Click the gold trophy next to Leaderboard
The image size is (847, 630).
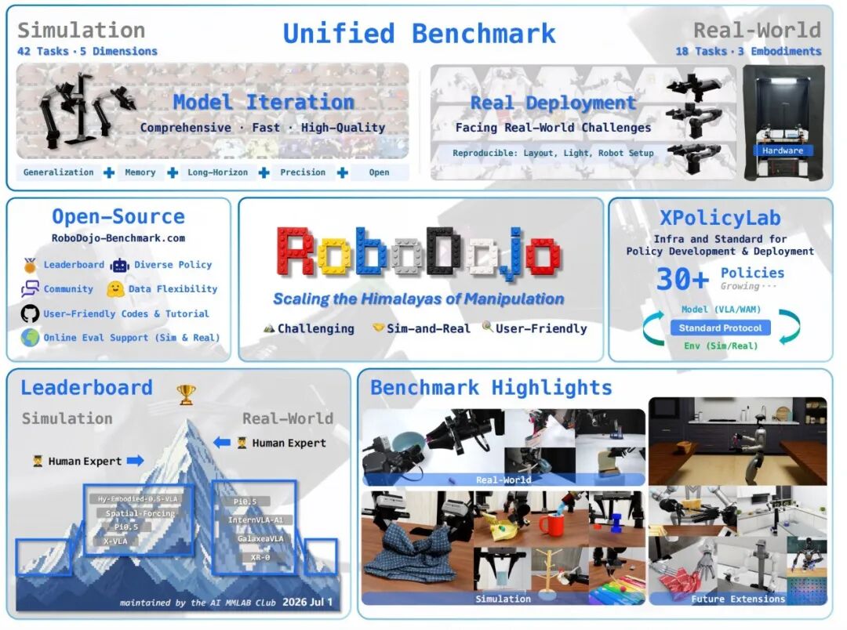(x=187, y=395)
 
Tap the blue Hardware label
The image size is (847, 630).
(x=783, y=150)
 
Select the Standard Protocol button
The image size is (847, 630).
(x=720, y=328)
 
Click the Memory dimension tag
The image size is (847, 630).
(x=140, y=172)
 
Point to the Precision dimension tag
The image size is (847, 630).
(x=303, y=172)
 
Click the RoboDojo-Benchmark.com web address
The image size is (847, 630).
(x=118, y=238)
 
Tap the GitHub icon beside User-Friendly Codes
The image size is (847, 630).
(x=31, y=313)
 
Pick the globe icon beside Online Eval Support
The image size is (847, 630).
(x=31, y=338)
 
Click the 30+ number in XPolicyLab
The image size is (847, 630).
(x=682, y=279)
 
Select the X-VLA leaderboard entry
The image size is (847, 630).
(x=115, y=541)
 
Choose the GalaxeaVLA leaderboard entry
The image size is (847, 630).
(x=260, y=539)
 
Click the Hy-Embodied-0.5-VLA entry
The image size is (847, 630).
(x=138, y=499)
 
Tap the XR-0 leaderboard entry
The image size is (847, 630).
(x=260, y=557)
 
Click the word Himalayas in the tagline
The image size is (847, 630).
(x=409, y=299)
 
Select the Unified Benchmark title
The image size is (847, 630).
(x=419, y=34)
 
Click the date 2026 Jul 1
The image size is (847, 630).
(x=307, y=602)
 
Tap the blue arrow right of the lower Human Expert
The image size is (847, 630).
(x=136, y=461)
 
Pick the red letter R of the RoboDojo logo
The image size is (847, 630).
(x=296, y=252)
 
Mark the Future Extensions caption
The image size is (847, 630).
(x=738, y=599)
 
